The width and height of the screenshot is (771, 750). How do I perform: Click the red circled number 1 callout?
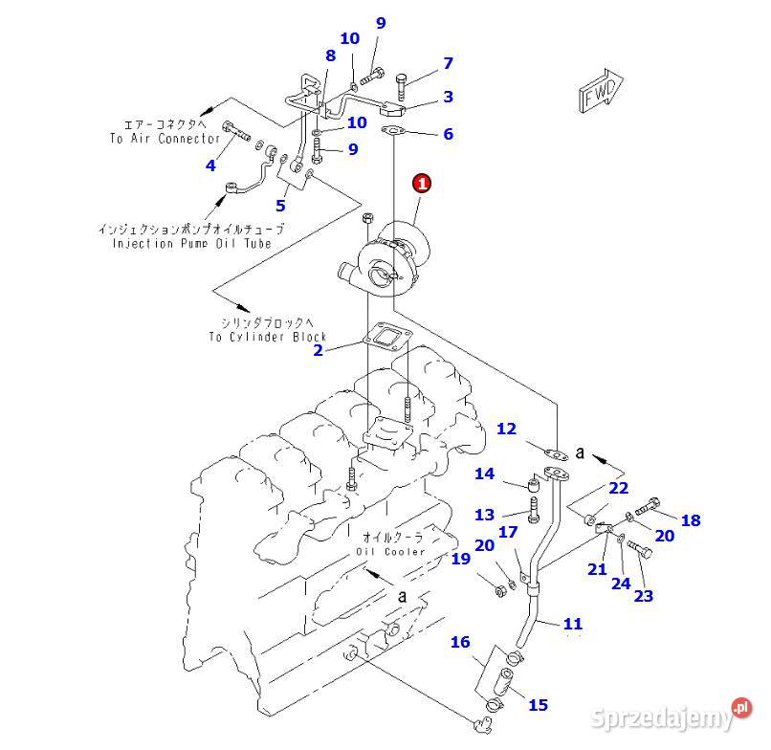click(422, 182)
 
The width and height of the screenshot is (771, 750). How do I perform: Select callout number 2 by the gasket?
click(319, 350)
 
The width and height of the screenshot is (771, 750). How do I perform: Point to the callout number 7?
click(447, 64)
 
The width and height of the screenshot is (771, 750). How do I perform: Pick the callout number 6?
click(448, 135)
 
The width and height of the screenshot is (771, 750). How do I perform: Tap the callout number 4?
click(210, 165)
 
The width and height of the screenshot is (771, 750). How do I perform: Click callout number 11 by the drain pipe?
click(572, 624)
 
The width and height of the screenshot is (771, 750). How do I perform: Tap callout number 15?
click(538, 705)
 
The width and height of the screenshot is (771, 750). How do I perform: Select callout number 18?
click(690, 520)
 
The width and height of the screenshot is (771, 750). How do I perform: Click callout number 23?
click(643, 596)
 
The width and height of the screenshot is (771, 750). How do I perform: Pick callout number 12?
click(506, 430)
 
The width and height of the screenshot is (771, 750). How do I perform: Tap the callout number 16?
click(461, 643)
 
